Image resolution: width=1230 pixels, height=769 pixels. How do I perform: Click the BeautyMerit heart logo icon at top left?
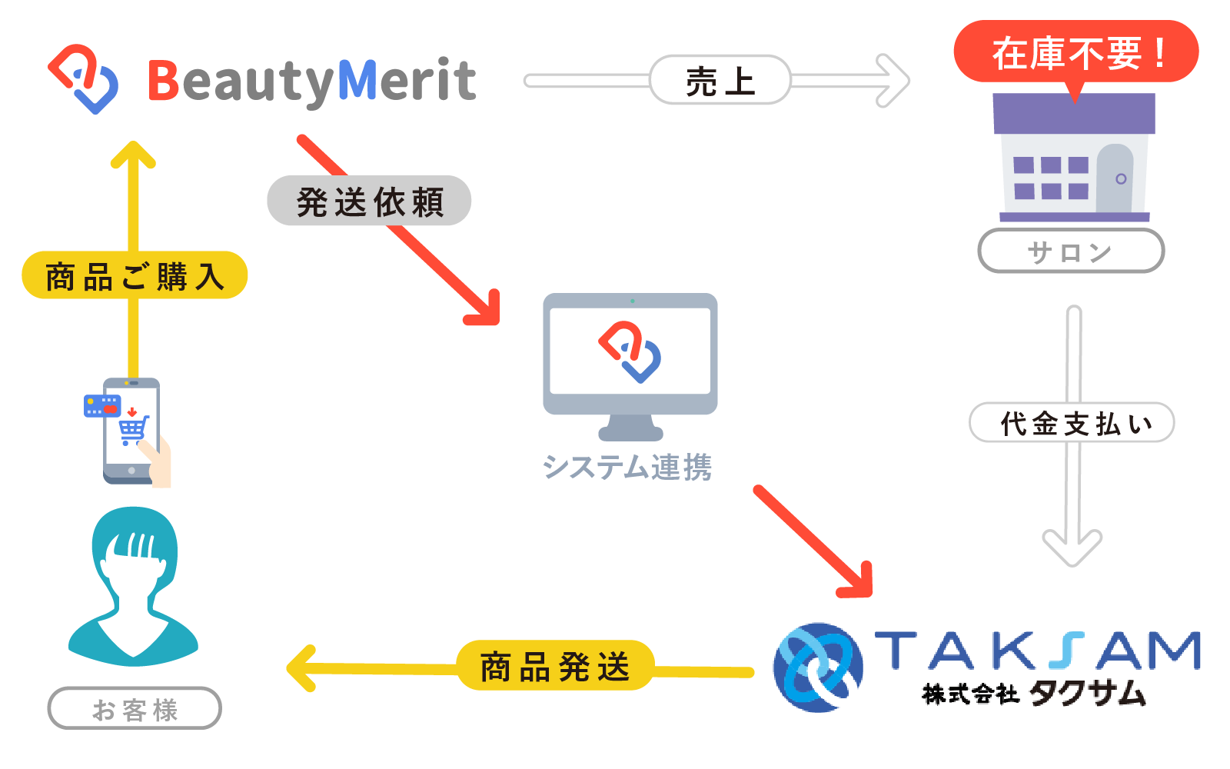click(83, 79)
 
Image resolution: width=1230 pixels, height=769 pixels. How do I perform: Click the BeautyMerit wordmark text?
click(312, 81)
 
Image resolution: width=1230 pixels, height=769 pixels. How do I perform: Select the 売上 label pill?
click(720, 80)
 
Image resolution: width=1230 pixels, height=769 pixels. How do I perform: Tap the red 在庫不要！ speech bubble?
click(1075, 52)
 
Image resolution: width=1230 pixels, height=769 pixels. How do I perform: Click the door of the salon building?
click(1115, 178)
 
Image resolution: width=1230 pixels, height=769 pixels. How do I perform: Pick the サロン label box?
click(1070, 251)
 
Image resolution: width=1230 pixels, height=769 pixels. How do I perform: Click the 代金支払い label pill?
click(1072, 423)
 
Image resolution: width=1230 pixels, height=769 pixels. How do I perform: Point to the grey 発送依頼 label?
click(369, 201)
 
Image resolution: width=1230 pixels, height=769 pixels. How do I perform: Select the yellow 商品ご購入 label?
click(135, 275)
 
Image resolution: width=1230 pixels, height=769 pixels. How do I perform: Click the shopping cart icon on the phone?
click(133, 429)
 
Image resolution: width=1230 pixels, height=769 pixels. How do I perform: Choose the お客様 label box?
click(135, 708)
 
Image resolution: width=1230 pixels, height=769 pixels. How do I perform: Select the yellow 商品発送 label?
click(555, 666)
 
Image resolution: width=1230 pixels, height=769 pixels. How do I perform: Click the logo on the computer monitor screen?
click(630, 351)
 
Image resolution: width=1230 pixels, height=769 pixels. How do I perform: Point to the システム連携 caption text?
click(627, 467)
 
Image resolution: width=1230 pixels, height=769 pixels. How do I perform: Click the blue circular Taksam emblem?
click(817, 667)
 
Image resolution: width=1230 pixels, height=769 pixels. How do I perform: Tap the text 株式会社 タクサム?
click(1034, 694)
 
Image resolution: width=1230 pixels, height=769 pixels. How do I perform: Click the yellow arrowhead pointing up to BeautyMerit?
click(134, 155)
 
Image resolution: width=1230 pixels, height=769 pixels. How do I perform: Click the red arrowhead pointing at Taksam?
click(859, 583)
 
